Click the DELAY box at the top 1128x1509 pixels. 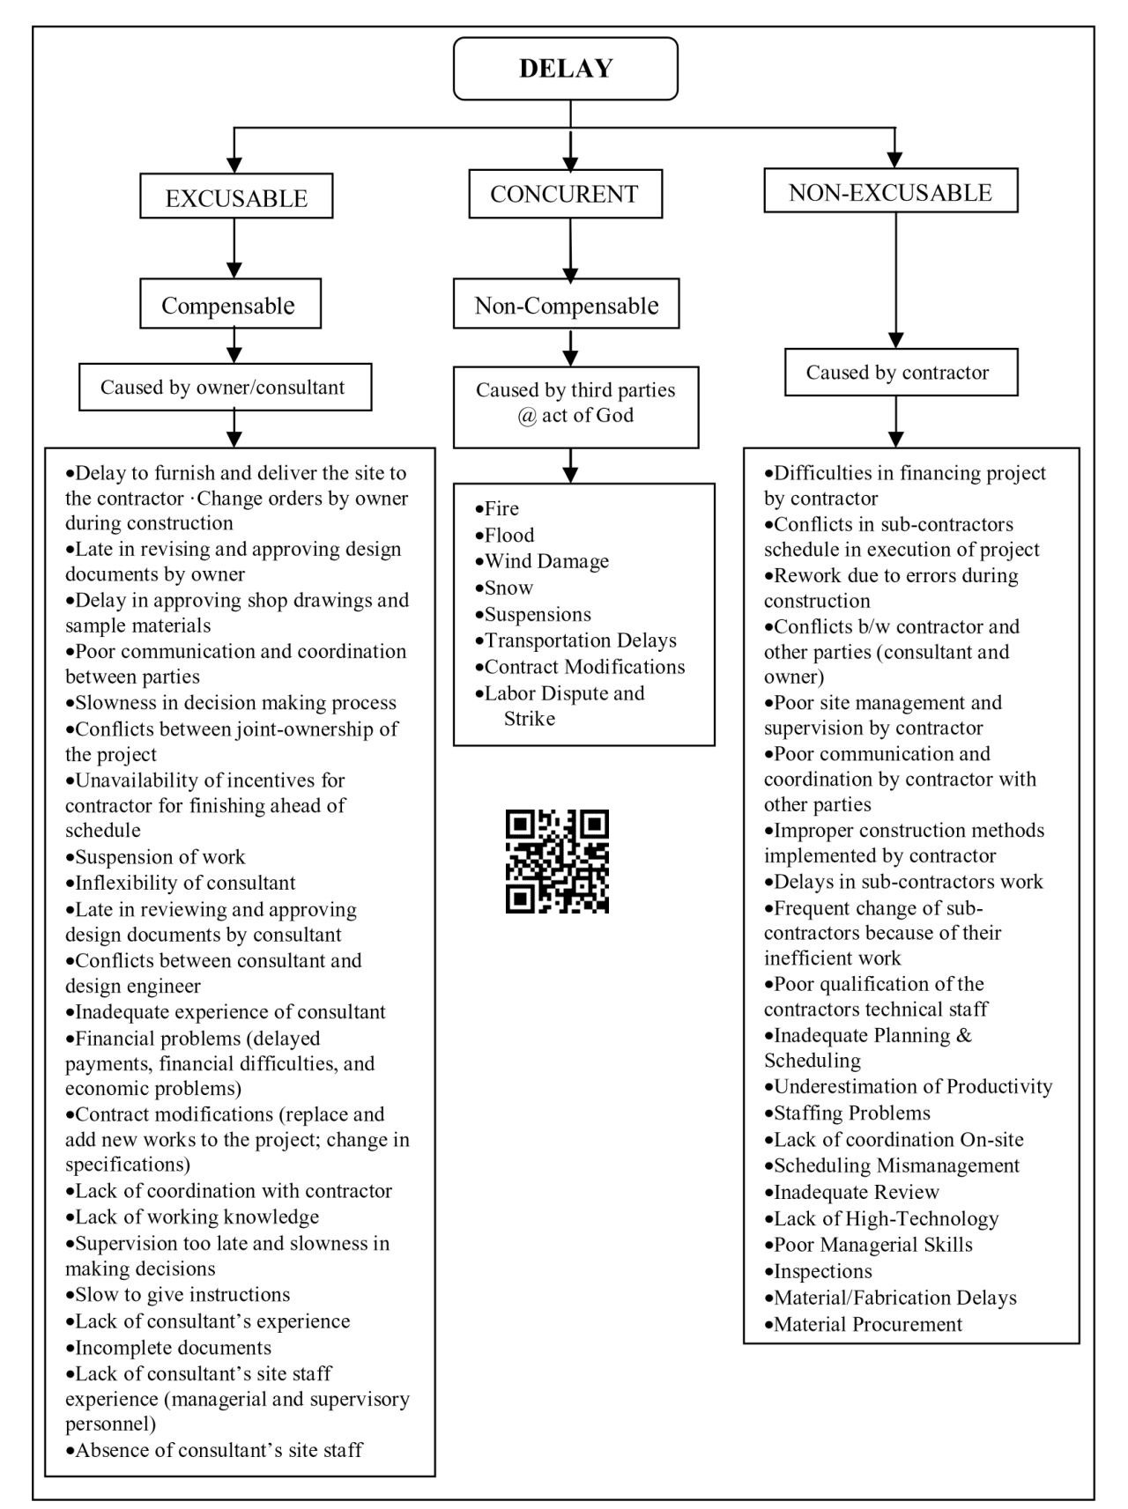click(x=566, y=68)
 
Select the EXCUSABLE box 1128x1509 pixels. click(x=236, y=196)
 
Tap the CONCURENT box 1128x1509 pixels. click(x=565, y=194)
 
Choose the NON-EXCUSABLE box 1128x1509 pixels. click(x=890, y=191)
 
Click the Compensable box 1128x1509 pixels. click(x=230, y=304)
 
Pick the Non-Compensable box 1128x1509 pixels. click(x=567, y=304)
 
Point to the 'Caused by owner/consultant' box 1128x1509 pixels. click(x=225, y=388)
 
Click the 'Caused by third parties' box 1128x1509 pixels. click(x=575, y=407)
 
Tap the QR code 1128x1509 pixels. click(x=557, y=862)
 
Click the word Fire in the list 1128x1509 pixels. click(x=502, y=508)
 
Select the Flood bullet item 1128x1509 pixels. click(x=505, y=535)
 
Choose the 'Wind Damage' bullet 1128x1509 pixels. click(x=542, y=561)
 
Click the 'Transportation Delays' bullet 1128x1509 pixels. click(x=575, y=640)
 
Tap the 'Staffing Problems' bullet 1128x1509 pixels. click(x=847, y=1113)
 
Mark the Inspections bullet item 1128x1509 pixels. click(x=818, y=1271)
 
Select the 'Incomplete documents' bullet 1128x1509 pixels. click(x=168, y=1348)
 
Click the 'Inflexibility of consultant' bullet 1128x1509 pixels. click(x=181, y=883)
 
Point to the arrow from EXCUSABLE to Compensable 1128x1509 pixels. click(x=234, y=248)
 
